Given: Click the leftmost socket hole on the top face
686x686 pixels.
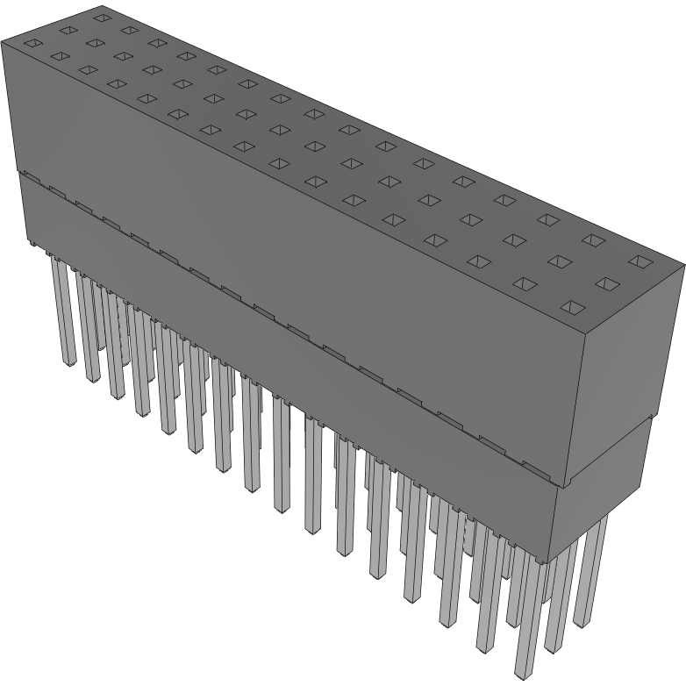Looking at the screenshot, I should (32, 43).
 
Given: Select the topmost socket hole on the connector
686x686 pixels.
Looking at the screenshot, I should (101, 16).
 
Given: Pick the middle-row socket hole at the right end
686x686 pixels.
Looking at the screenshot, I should (606, 283).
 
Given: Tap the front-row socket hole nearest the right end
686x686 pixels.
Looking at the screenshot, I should (571, 306).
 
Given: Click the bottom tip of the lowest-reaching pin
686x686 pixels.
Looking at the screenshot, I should (523, 674).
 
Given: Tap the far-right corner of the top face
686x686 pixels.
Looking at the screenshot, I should (683, 263).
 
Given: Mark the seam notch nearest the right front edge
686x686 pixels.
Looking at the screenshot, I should (536, 465).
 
